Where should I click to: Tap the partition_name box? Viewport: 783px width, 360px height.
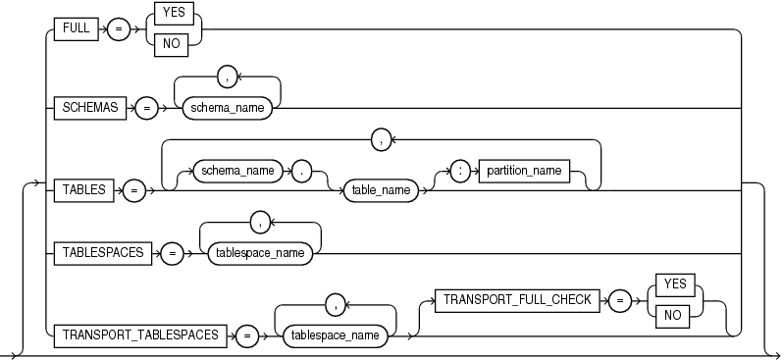click(x=524, y=171)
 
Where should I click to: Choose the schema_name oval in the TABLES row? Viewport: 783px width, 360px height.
click(x=235, y=171)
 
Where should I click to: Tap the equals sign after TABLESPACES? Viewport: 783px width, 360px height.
click(x=172, y=251)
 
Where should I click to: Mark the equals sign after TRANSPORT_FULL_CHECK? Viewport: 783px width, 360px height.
click(x=618, y=300)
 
